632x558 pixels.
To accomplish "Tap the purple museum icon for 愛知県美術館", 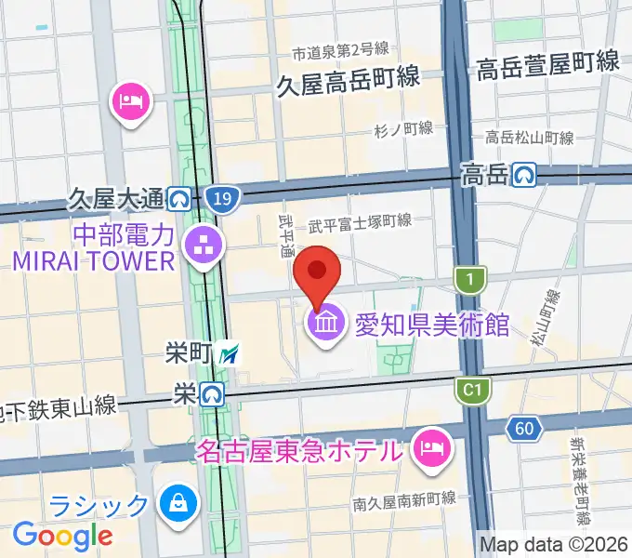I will (x=325, y=326).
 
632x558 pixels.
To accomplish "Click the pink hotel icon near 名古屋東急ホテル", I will (x=431, y=449).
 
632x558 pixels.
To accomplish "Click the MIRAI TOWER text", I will (x=93, y=259).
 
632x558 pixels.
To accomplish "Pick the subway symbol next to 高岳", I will (x=527, y=173).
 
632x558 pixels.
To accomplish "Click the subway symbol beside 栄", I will (x=212, y=395).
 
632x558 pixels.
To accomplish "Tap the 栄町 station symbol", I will (x=230, y=353).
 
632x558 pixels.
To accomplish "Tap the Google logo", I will (x=62, y=535).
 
